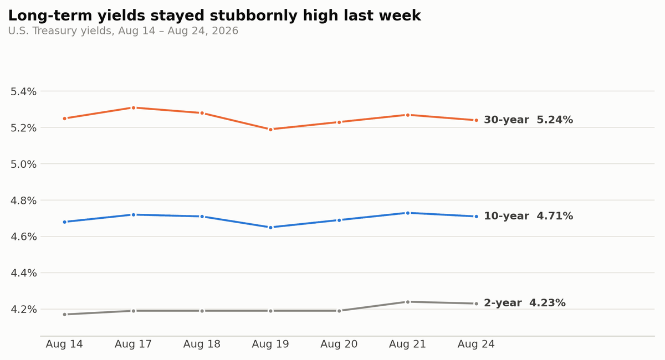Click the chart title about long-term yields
(x=214, y=16)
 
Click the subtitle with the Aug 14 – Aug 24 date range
(x=123, y=31)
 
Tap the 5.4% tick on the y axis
(x=23, y=92)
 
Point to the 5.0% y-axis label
(x=23, y=164)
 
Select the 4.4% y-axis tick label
(x=23, y=273)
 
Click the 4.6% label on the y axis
(x=23, y=237)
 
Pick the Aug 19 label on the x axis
(x=270, y=344)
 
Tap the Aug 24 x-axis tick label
(x=476, y=344)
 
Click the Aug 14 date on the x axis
(x=64, y=344)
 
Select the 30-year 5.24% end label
(x=529, y=120)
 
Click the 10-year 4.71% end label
(x=529, y=216)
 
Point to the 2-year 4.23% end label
(x=525, y=303)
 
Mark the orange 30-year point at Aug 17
(x=134, y=108)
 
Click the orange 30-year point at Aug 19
(x=270, y=130)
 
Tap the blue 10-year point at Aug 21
(x=408, y=213)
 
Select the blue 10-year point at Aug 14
(x=65, y=222)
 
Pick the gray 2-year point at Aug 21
(x=408, y=302)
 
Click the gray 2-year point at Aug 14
(x=65, y=314)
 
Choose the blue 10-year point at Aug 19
(x=270, y=227)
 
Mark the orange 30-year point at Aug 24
(x=476, y=120)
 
